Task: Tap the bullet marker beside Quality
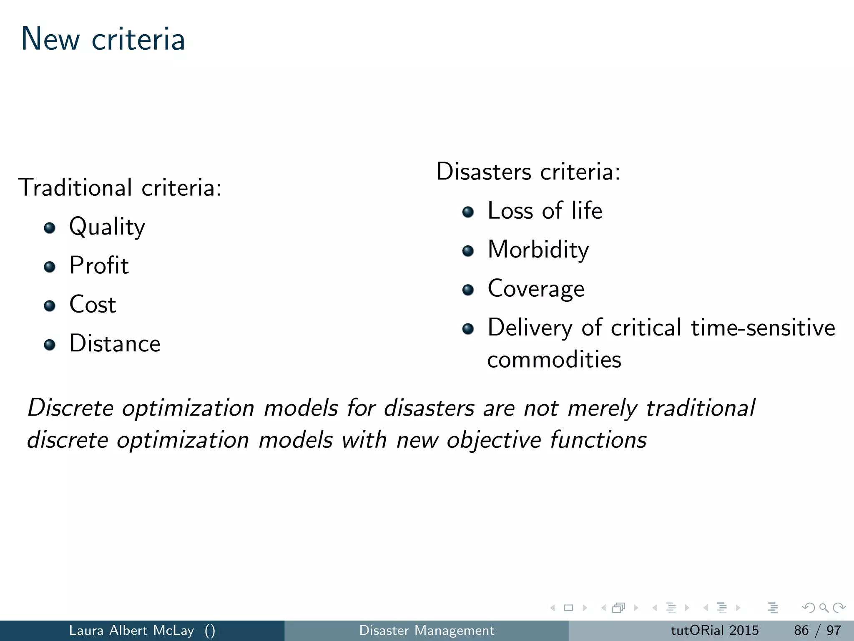click(50, 228)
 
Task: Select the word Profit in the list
click(99, 265)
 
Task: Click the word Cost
click(93, 304)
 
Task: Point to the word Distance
click(115, 343)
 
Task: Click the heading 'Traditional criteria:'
click(120, 187)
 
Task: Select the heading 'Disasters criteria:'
click(528, 172)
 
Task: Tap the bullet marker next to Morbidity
click(468, 251)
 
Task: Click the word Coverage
click(536, 289)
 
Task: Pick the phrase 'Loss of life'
click(545, 210)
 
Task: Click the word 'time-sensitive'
click(763, 328)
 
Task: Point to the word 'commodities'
click(554, 360)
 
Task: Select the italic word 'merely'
click(602, 408)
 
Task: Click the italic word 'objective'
click(493, 440)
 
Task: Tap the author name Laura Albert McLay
click(131, 630)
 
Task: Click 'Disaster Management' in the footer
click(427, 630)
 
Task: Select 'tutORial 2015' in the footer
click(714, 630)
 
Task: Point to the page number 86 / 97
click(817, 630)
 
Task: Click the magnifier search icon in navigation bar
click(824, 608)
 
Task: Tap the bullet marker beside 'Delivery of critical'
click(468, 329)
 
